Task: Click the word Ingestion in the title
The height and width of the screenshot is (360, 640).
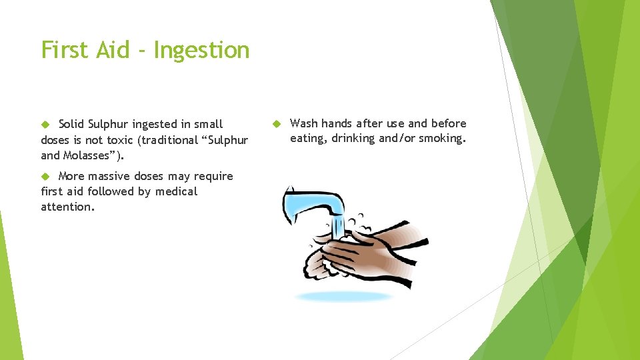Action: (201, 51)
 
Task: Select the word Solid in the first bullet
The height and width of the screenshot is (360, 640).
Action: (71, 124)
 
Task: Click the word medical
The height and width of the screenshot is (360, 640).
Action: (177, 192)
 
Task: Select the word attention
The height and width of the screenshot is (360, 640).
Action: (67, 207)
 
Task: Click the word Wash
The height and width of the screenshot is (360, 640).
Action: (304, 123)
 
